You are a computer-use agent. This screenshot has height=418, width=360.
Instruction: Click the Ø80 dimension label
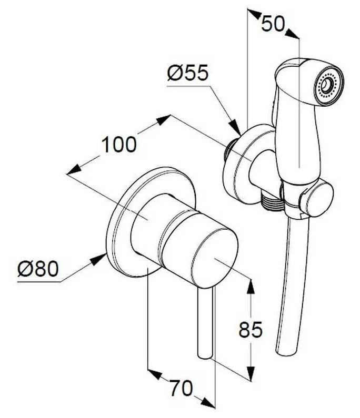(37, 269)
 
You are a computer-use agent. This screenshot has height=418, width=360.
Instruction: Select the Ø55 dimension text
(187, 73)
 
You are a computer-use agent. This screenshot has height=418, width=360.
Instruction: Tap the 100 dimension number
(119, 145)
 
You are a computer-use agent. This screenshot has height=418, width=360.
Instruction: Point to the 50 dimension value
(273, 24)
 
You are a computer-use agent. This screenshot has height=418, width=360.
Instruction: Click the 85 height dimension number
(251, 330)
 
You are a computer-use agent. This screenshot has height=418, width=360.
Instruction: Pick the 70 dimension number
(181, 388)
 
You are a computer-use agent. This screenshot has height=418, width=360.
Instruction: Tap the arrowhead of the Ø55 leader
(234, 127)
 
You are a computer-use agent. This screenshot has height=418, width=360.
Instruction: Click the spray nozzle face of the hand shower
(328, 85)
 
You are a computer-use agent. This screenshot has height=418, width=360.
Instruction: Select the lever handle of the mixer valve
(205, 323)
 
